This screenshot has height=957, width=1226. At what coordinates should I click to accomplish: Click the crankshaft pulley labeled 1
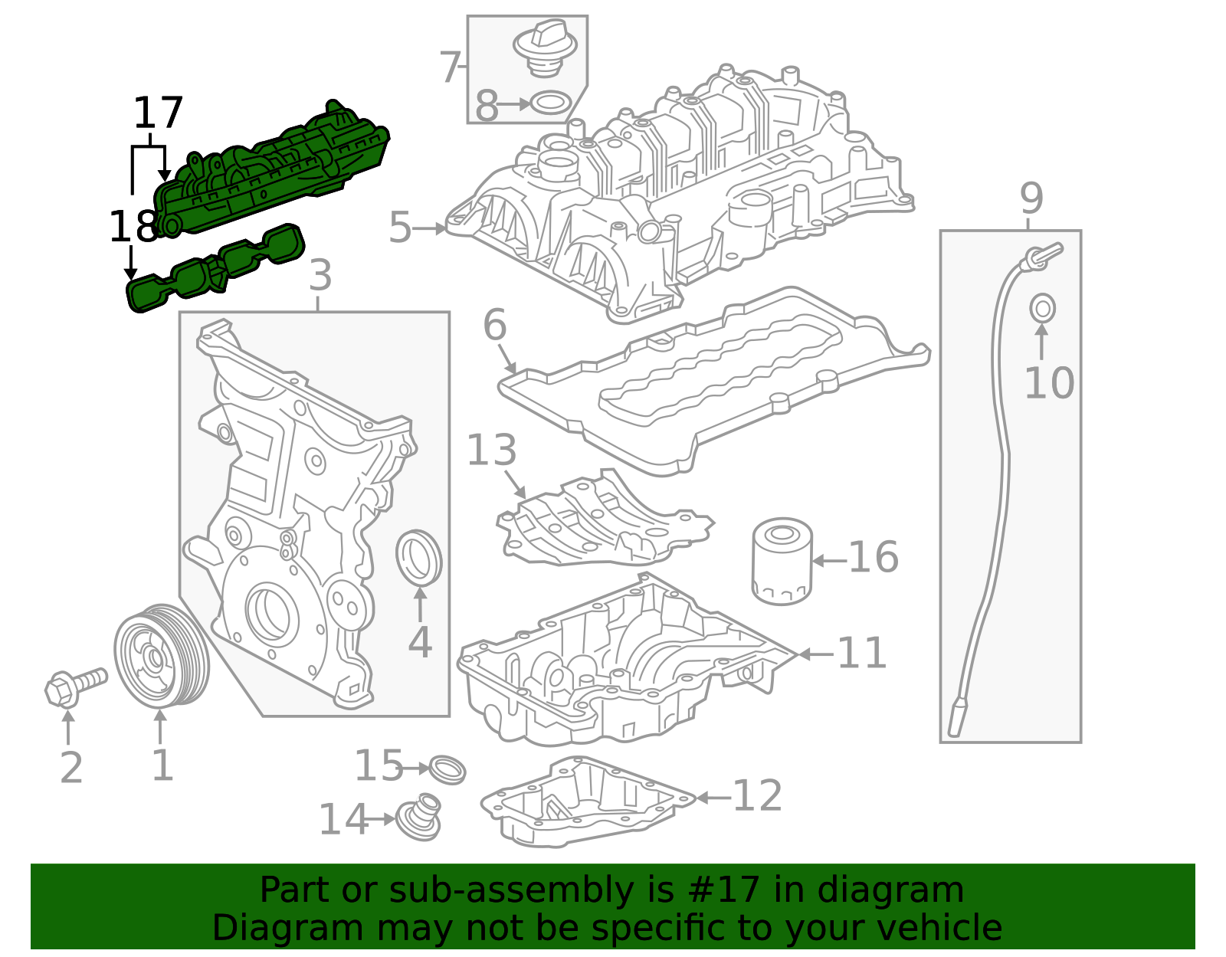pyautogui.click(x=161, y=655)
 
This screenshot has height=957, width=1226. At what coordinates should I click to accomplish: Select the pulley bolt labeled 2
pyautogui.click(x=73, y=684)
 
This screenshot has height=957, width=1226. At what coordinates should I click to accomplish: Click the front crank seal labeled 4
pyautogui.click(x=418, y=556)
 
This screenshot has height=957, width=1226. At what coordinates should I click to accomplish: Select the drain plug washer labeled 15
pyautogui.click(x=447, y=769)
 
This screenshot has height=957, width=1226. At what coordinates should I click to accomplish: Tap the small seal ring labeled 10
pyautogui.click(x=1041, y=309)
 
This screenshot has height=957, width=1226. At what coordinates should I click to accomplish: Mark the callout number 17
pyautogui.click(x=158, y=113)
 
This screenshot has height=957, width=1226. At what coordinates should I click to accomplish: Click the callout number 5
pyautogui.click(x=400, y=228)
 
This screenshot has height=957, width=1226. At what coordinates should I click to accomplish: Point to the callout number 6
pyautogui.click(x=494, y=325)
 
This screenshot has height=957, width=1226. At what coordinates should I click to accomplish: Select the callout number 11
pyautogui.click(x=861, y=654)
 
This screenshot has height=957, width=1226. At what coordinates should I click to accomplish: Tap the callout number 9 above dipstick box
pyautogui.click(x=1031, y=198)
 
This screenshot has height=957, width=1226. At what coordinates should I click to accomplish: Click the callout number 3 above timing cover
pyautogui.click(x=320, y=276)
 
